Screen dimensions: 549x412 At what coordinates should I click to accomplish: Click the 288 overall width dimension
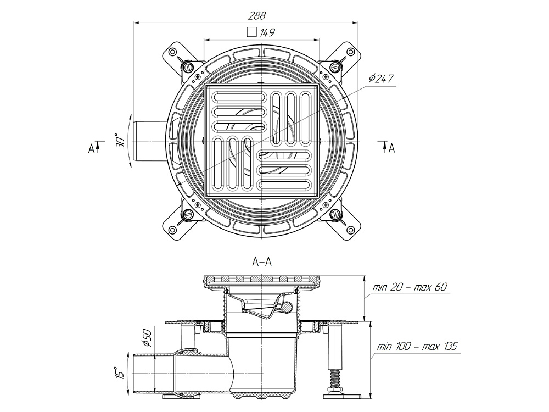pyautogui.click(x=257, y=16)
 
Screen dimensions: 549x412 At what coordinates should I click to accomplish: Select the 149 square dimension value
pyautogui.click(x=267, y=32)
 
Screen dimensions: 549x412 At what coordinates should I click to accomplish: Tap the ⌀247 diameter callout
pyautogui.click(x=382, y=78)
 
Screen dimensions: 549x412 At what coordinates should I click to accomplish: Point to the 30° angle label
pyautogui.click(x=120, y=141)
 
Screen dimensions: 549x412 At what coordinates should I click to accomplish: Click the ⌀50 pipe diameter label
pyautogui.click(x=147, y=337)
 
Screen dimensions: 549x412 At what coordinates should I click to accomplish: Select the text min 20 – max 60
pyautogui.click(x=410, y=287)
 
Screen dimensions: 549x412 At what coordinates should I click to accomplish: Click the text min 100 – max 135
pyautogui.click(x=417, y=347)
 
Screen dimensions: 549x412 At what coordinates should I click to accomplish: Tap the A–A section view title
pyautogui.click(x=262, y=261)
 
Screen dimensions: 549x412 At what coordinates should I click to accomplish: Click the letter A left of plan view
pyautogui.click(x=91, y=149)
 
